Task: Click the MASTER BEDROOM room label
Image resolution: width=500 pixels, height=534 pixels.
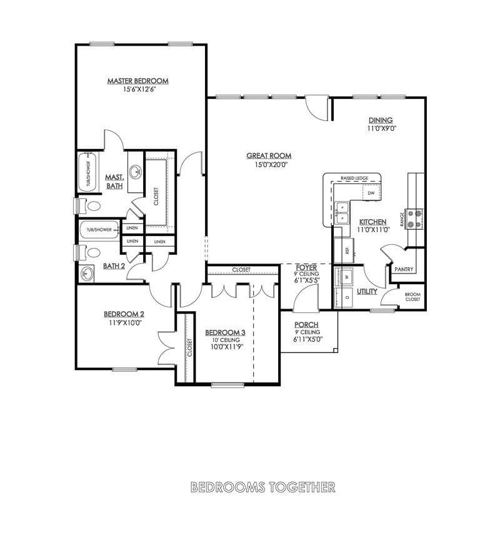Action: (x=137, y=81)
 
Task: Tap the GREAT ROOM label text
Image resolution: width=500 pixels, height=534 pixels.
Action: (x=268, y=156)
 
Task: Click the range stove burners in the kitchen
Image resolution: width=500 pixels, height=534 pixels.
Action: (x=413, y=217)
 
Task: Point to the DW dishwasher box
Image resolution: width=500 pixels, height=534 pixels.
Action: (x=371, y=193)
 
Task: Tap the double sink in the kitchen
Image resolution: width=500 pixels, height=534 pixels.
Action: (x=342, y=213)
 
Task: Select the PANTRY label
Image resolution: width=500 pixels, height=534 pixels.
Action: (x=403, y=269)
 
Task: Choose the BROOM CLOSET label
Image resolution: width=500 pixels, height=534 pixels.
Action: (x=412, y=297)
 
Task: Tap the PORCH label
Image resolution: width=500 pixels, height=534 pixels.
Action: (x=306, y=324)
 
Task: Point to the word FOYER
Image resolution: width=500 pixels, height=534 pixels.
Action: (x=306, y=267)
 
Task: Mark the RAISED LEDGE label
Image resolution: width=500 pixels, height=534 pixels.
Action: (x=354, y=178)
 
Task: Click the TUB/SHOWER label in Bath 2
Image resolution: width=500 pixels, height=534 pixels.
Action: (x=99, y=230)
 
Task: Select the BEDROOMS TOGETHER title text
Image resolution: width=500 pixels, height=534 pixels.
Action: (x=262, y=486)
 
